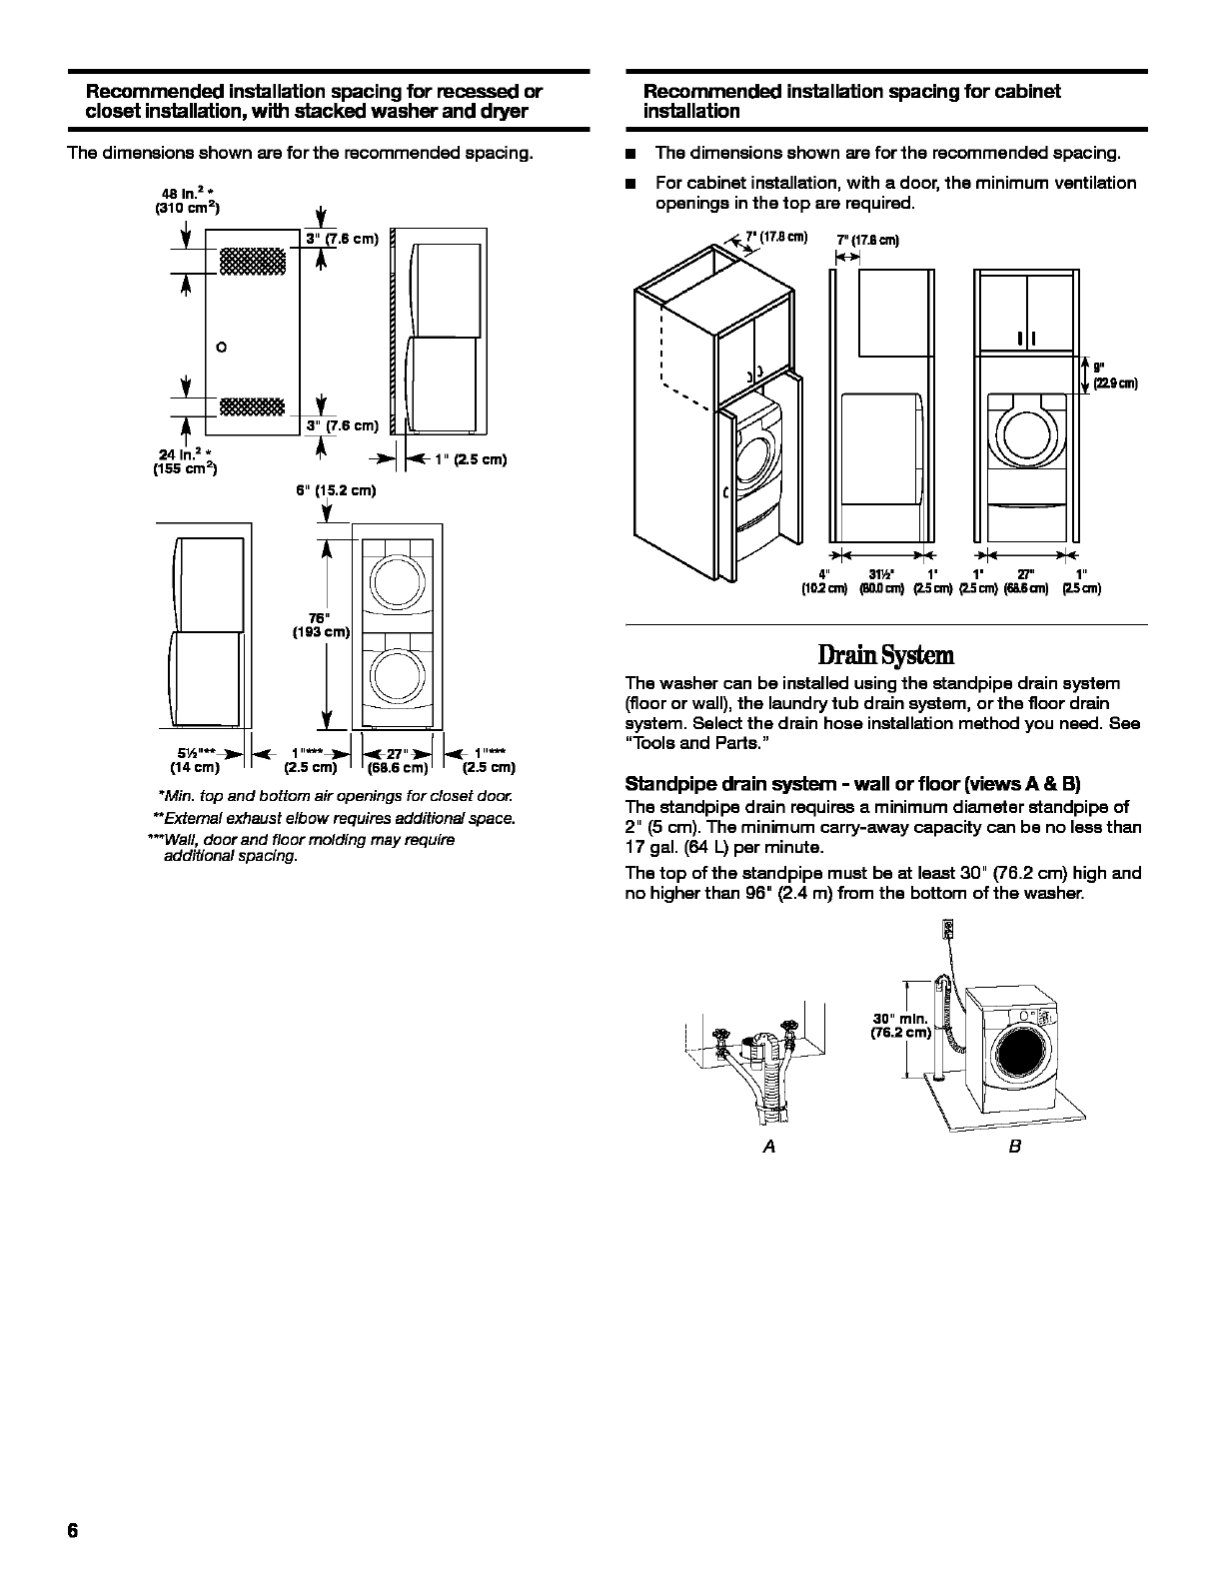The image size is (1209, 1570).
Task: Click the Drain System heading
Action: click(885, 655)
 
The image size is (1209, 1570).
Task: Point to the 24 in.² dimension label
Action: click(187, 461)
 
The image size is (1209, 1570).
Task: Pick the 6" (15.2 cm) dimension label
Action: click(336, 490)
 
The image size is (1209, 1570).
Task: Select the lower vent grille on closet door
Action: click(252, 405)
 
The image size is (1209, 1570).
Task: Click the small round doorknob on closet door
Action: click(222, 348)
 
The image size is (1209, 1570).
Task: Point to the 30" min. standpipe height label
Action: click(900, 1026)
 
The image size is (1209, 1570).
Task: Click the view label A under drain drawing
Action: click(768, 1147)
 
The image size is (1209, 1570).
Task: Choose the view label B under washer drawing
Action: click(1014, 1147)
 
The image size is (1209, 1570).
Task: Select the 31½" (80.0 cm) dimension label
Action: click(881, 580)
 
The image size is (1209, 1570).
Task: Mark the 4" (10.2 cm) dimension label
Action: click(824, 580)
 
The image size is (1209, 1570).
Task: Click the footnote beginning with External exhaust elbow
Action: click(334, 818)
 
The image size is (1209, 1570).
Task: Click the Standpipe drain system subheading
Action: click(852, 783)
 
